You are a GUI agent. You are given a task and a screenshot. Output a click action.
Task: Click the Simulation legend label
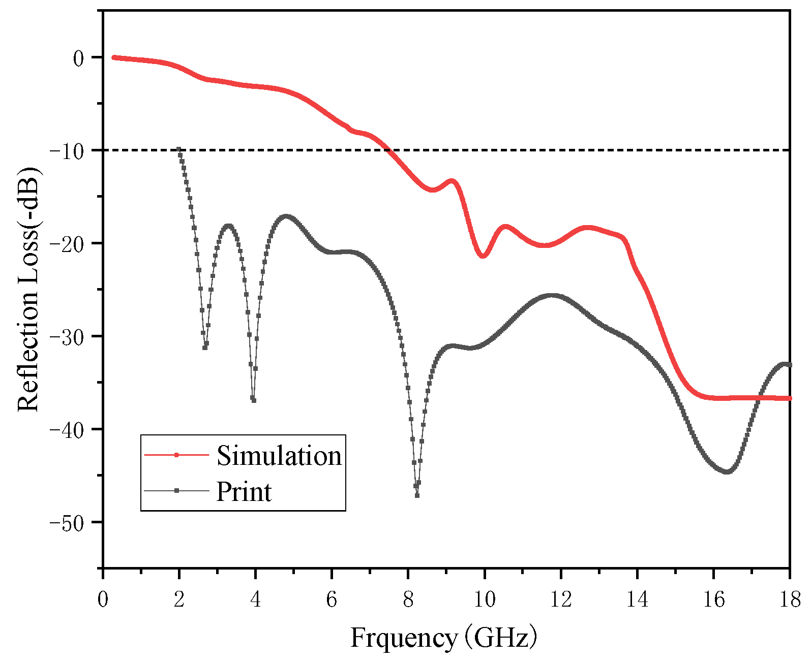point(279,455)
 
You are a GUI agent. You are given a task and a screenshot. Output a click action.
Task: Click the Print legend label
point(244,491)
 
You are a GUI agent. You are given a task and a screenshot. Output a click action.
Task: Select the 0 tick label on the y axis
point(78,58)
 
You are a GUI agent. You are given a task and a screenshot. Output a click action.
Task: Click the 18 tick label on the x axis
point(789,600)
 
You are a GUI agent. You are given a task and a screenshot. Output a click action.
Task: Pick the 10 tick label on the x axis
point(485,600)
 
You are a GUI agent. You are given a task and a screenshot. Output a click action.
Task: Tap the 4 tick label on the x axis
point(255,600)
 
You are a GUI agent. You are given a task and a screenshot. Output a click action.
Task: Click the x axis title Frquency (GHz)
point(443,637)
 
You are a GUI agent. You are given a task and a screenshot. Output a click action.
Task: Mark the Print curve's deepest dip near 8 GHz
point(417,495)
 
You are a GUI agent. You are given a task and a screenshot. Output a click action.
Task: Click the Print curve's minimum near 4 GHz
point(253,400)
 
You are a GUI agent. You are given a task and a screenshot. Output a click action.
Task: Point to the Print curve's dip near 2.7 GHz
point(205,348)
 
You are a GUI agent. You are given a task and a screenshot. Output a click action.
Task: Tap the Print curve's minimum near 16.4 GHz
point(727,472)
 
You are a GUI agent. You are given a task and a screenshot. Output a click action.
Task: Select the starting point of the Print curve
point(179,149)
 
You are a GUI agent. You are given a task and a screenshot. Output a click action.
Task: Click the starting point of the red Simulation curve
point(113,57)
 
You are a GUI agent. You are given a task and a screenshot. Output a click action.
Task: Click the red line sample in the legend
point(176,455)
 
